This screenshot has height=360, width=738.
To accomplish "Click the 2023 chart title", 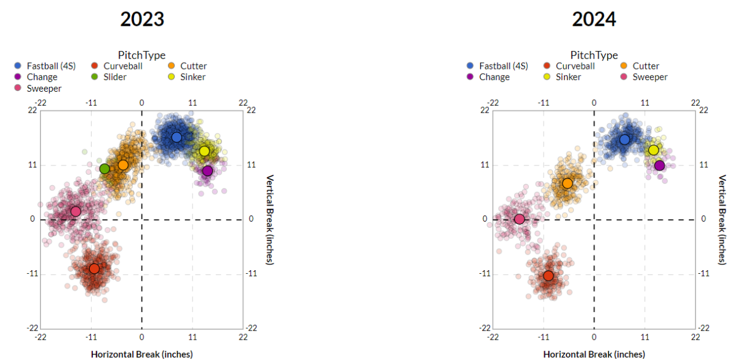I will pyautogui.click(x=142, y=19).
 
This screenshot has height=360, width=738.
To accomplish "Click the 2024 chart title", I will pyautogui.click(x=594, y=19).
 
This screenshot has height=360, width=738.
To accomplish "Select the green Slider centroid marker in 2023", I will pyautogui.click(x=105, y=169).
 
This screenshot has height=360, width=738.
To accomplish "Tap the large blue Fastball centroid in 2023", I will pyautogui.click(x=177, y=137).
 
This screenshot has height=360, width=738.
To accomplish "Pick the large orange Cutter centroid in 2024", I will pyautogui.click(x=567, y=183).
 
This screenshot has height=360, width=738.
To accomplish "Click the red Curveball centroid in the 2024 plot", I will pyautogui.click(x=548, y=276).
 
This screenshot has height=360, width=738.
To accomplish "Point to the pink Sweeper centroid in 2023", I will pyautogui.click(x=76, y=211).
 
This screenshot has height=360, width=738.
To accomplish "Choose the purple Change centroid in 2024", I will pyautogui.click(x=660, y=166).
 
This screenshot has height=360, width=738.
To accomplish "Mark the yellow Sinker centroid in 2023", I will pyautogui.click(x=204, y=151).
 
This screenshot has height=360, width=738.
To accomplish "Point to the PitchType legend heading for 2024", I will pyautogui.click(x=594, y=55).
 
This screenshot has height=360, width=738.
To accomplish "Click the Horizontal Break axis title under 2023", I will pyautogui.click(x=142, y=354).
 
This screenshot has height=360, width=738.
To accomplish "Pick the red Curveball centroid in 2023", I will pyautogui.click(x=94, y=268).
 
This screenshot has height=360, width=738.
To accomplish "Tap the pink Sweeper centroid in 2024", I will pyautogui.click(x=519, y=219).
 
